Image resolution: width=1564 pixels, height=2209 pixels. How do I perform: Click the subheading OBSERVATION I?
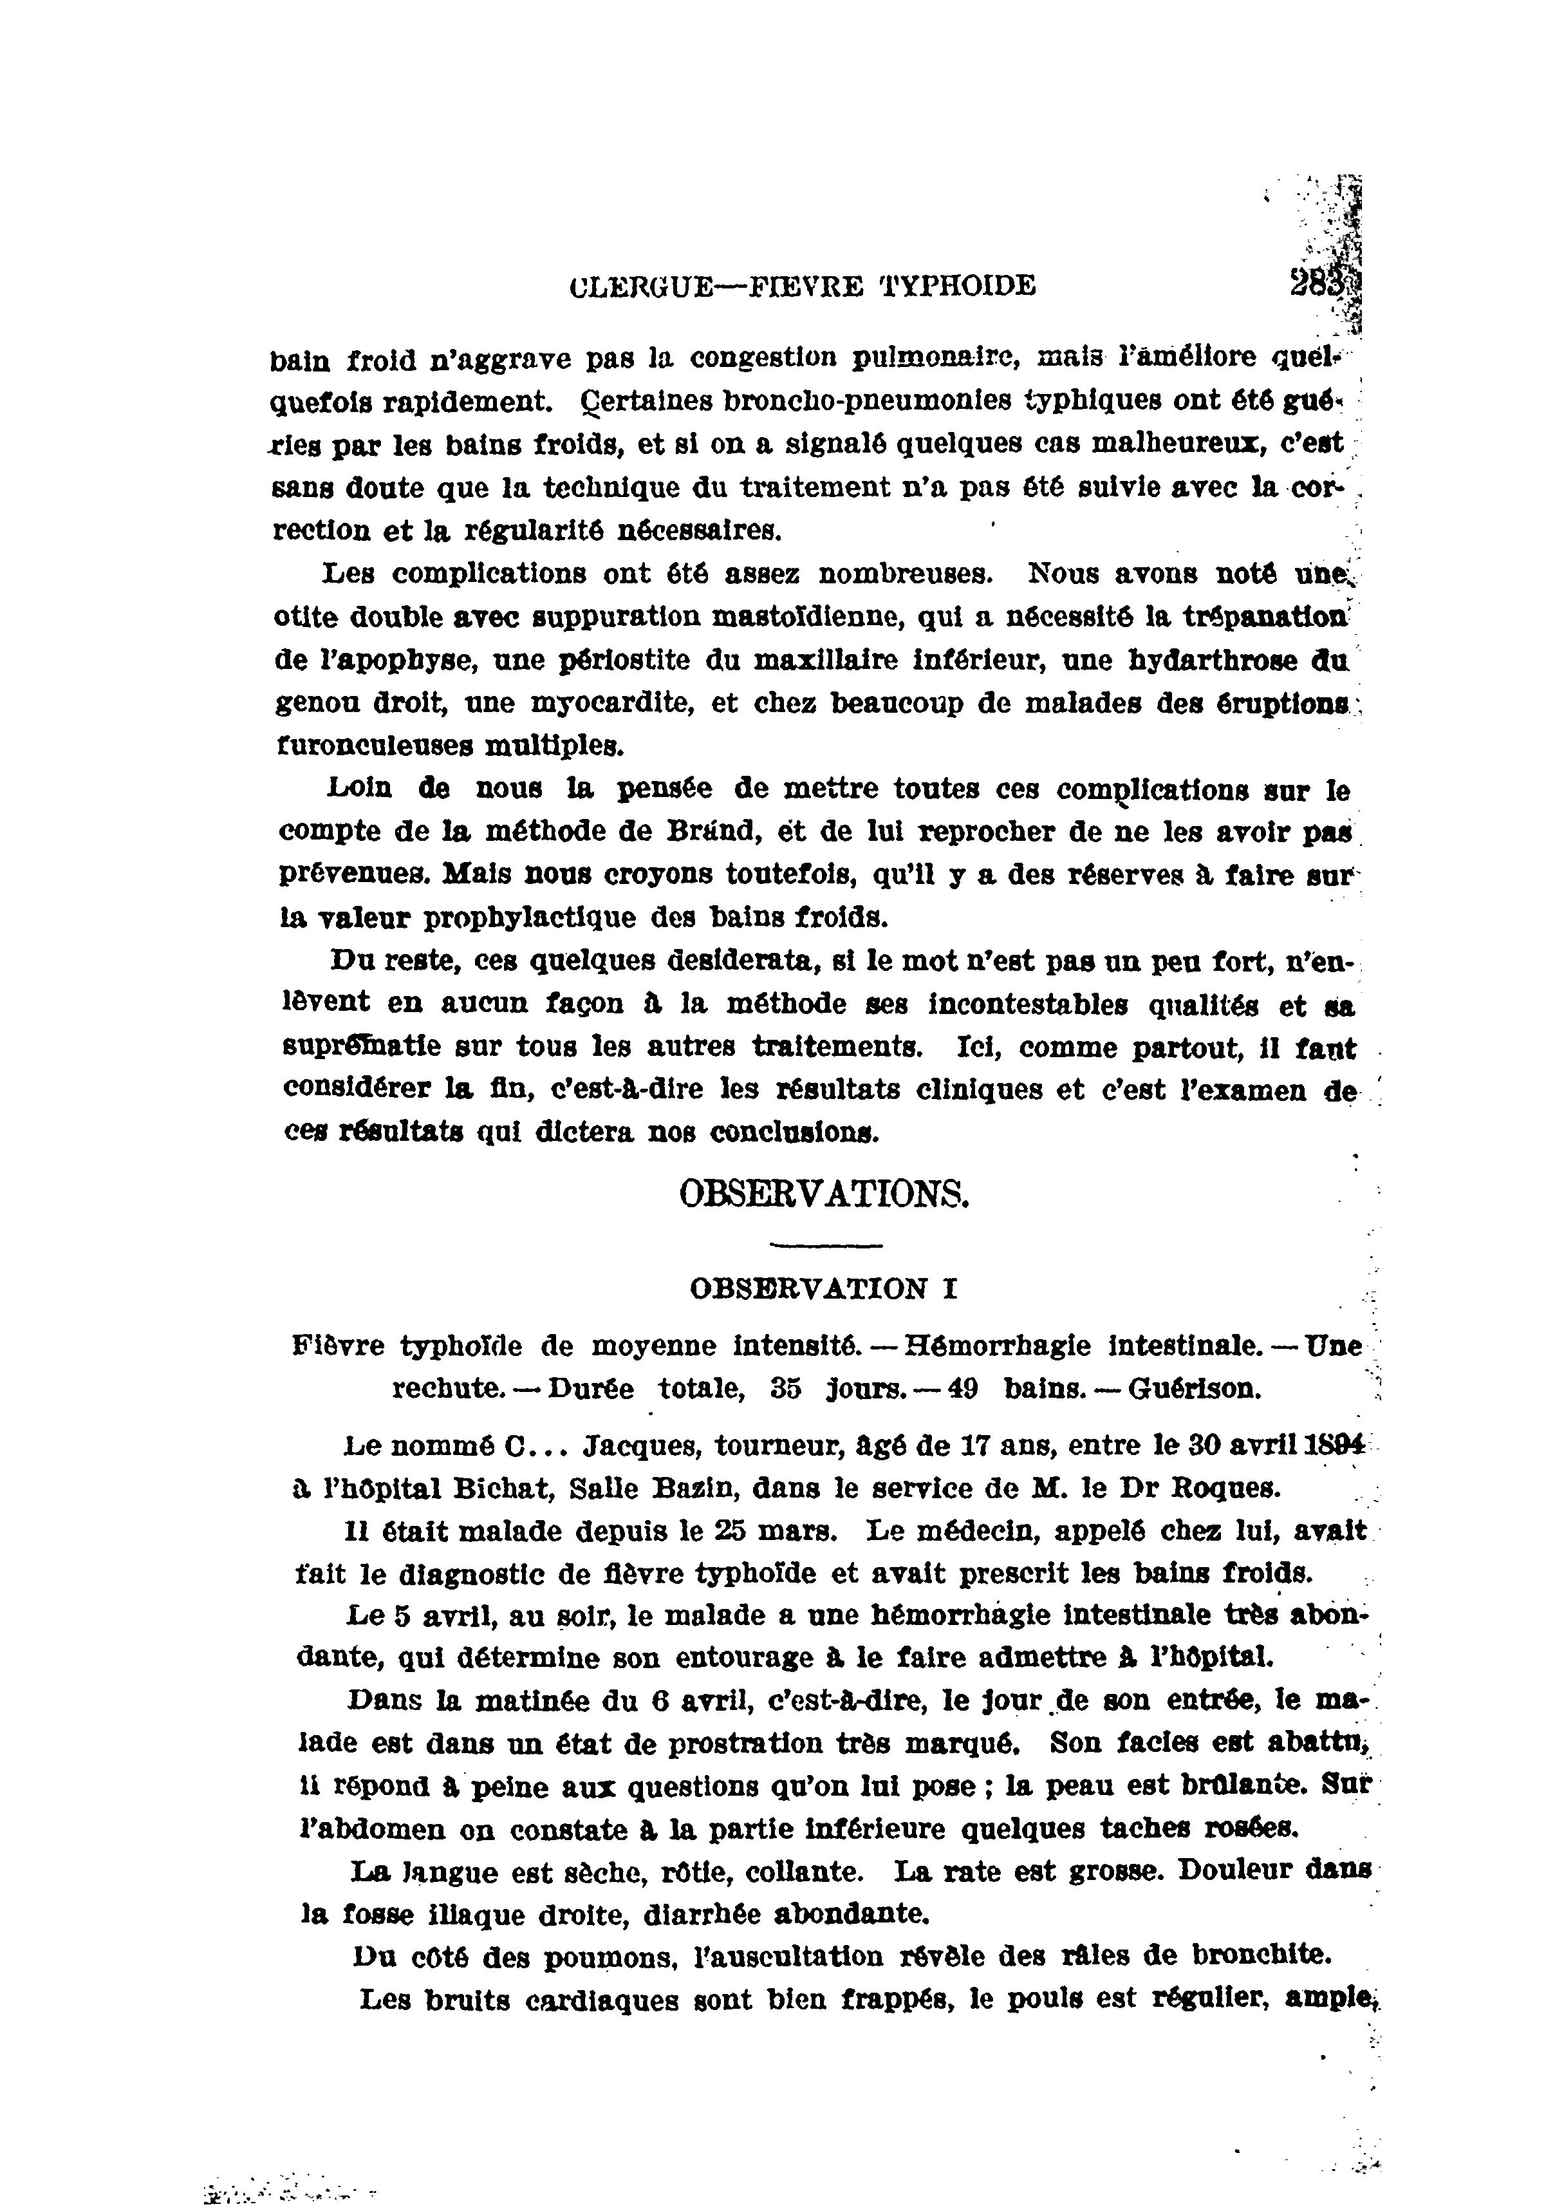pos(823,1289)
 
